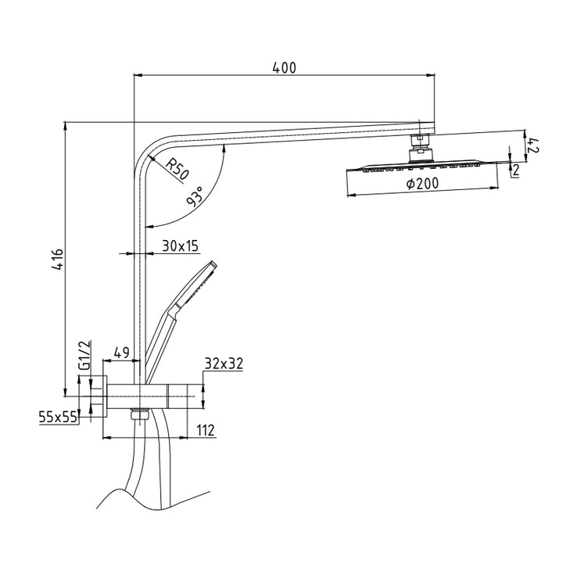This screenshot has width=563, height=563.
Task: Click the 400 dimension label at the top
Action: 284,68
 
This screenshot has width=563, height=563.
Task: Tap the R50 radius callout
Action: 177,168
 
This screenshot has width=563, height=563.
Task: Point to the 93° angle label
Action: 194,195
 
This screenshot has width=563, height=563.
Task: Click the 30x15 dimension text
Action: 181,246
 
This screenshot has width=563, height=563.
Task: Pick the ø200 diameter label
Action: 421,184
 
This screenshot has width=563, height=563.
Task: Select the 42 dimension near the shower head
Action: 534,144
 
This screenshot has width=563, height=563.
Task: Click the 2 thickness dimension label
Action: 516,169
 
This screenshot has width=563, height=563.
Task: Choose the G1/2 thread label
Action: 85,356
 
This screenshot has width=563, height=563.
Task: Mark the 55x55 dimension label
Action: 59,418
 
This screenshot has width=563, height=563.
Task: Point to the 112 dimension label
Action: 204,430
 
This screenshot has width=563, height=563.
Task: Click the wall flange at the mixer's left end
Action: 99,396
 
